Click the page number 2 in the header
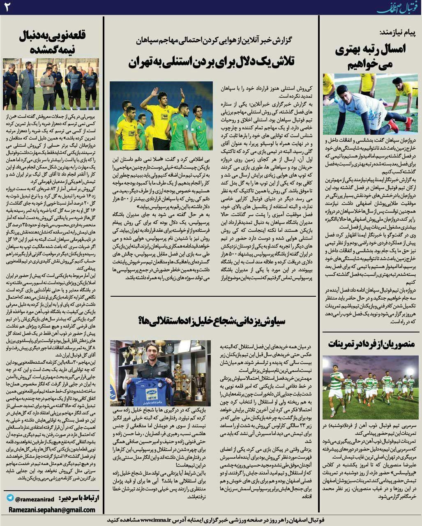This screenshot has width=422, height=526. click(7, 8)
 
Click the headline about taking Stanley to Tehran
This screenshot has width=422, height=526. click(211, 62)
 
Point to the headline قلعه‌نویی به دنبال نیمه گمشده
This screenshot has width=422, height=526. click(51, 43)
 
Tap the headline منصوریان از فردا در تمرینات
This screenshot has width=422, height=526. click(371, 344)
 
